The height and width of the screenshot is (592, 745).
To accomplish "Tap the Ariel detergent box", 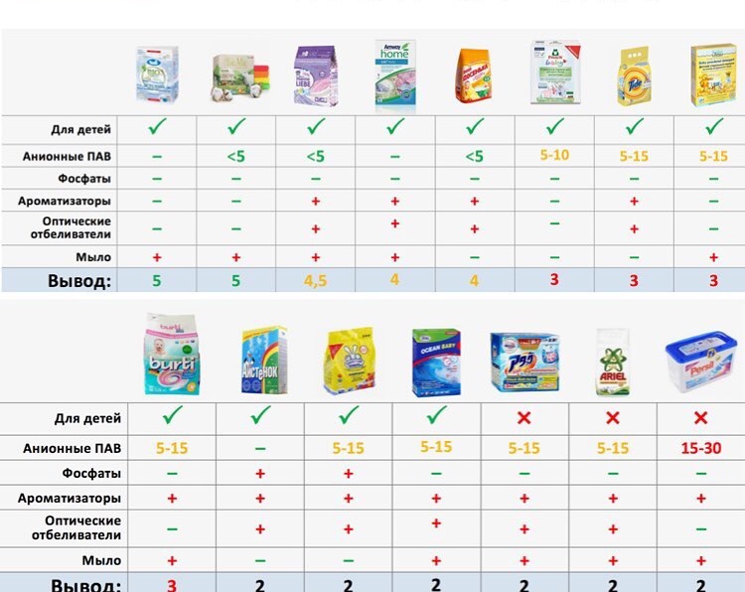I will pos(613,361).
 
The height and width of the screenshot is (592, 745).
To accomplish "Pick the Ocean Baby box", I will pos(436,362).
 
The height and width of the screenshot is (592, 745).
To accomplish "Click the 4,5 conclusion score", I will pos(315,281).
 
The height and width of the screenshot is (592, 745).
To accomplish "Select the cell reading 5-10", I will pos(554,155).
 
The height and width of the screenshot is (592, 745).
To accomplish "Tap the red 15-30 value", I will pos(701,448).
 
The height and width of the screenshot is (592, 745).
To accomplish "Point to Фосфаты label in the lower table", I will pos(90,473).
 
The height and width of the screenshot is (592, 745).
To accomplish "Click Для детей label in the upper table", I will pos(81,129).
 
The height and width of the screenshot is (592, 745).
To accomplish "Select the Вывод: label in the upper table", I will pos(78,281).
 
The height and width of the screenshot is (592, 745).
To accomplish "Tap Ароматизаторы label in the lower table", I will pos(71,498).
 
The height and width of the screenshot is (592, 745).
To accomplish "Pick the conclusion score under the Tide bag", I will pos(634,281).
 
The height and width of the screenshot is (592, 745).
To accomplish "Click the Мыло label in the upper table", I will pos(96,256).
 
